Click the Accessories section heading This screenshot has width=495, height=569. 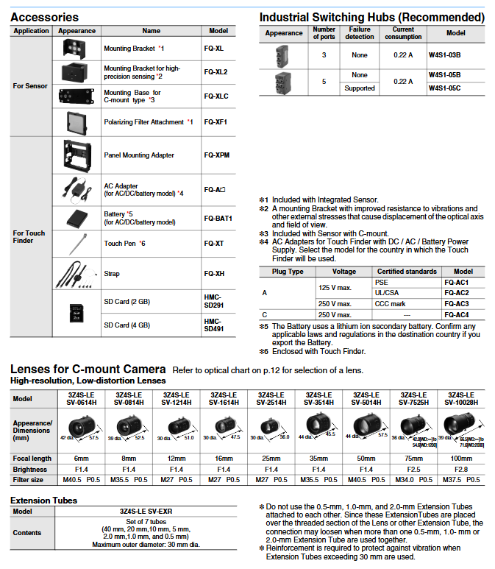point(44,17)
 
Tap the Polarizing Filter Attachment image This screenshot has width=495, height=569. point(76,121)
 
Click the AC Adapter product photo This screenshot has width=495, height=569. point(76,189)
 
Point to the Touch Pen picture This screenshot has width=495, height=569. point(76,244)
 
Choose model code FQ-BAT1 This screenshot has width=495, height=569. point(218,219)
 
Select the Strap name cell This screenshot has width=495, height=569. point(113,274)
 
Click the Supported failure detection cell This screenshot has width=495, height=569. point(360,88)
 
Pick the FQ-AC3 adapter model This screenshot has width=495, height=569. point(456,304)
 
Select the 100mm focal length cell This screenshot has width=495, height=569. point(461,458)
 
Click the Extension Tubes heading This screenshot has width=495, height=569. point(43,500)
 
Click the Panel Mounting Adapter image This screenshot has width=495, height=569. point(76,155)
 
